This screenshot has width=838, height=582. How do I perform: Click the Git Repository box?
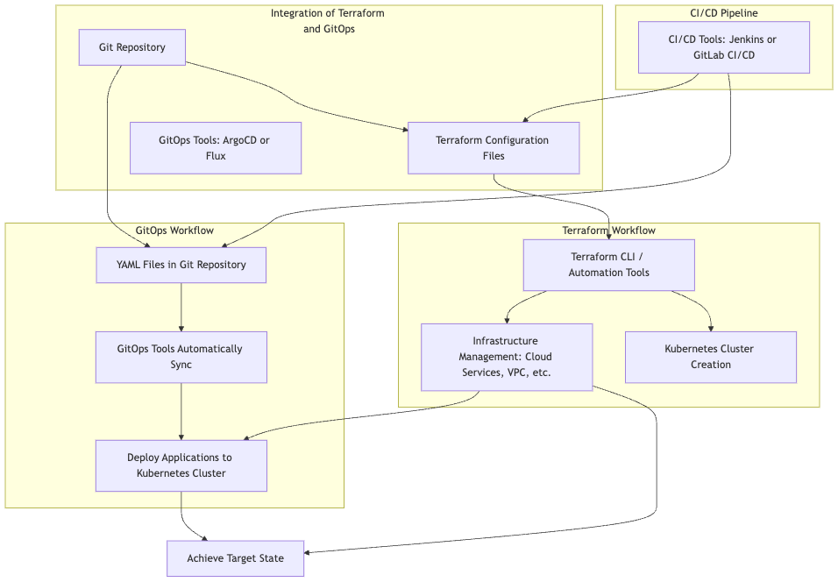coord(131,47)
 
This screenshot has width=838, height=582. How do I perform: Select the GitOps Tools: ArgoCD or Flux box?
coord(216,148)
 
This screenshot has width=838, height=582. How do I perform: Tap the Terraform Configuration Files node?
coord(494,148)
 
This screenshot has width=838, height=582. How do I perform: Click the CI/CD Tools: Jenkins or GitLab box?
coord(723,47)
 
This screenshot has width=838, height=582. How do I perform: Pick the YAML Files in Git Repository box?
coord(181,265)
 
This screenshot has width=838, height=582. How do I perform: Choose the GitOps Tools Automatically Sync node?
coord(181,357)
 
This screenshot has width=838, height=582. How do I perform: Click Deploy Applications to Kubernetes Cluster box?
coord(181,465)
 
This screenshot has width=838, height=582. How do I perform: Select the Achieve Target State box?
coord(235,558)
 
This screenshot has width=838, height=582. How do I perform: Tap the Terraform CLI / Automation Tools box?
coord(608,265)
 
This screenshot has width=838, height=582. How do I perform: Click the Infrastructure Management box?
coord(506,357)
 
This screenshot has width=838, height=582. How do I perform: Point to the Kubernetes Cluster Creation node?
coord(710,357)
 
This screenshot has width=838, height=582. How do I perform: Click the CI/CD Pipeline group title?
coord(723,13)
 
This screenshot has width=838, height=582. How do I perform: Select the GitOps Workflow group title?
coord(174,231)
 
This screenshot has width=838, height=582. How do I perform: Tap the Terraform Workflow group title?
coord(608,231)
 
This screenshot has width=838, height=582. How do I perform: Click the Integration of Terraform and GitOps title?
coord(328,21)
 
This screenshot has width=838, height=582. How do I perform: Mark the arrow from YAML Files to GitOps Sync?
coord(181,307)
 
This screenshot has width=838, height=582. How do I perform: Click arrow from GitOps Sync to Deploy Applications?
coord(181,411)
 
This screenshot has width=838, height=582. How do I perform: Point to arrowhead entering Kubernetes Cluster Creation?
coord(710,328)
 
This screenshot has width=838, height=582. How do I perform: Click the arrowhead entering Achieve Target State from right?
coord(309,552)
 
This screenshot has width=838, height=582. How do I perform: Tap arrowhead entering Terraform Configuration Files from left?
coord(405,130)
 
